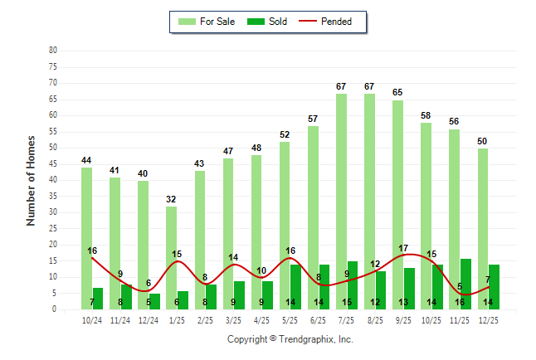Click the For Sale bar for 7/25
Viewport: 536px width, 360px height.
(341, 199)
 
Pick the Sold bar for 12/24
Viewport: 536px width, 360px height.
(154, 301)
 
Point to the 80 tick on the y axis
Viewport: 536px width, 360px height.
(53, 50)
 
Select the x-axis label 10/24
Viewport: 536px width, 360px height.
(91, 319)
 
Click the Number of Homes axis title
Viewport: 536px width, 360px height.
(32, 180)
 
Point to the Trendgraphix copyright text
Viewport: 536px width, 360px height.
(290, 339)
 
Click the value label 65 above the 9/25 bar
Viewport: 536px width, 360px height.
(398, 92)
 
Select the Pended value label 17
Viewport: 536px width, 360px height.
(403, 248)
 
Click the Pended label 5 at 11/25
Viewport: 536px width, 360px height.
(460, 287)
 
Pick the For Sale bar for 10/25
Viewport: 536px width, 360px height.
(426, 216)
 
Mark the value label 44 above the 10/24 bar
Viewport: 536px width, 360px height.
(86, 160)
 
